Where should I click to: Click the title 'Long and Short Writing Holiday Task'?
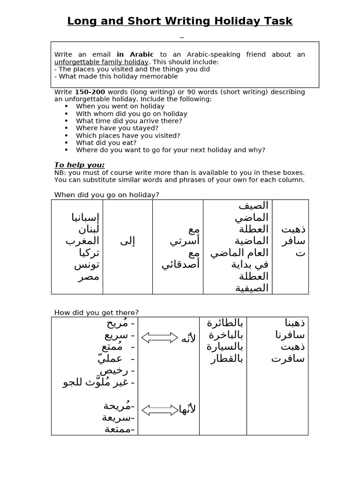coord(180,21)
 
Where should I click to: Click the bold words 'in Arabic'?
coord(135,54)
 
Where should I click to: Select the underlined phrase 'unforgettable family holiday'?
coord(101,62)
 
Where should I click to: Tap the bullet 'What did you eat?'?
coord(106,142)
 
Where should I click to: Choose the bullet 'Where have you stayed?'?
coord(117,128)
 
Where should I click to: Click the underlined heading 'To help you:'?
coord(79,165)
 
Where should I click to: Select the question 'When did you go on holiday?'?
coord(107,195)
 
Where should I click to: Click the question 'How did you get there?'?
coord(97,313)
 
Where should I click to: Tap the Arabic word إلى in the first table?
coord(127,241)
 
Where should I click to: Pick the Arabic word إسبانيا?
coord(85,217)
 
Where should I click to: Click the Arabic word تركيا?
coord(87,253)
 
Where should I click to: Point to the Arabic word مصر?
coord(88,276)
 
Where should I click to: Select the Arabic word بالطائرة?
coord(225,323)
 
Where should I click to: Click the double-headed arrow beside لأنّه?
coord(159,337)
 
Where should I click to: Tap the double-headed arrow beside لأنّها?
coord(159,410)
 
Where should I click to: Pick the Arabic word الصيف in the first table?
coord(253,206)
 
